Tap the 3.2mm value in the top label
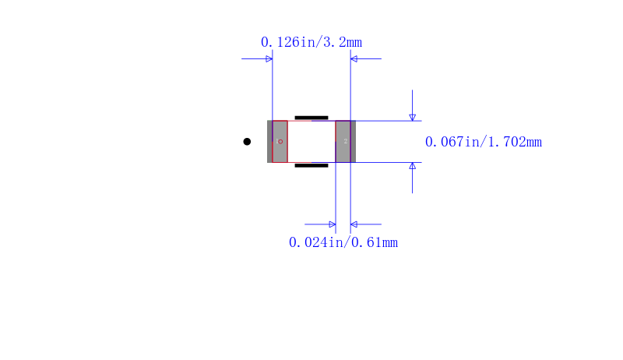coord(341,42)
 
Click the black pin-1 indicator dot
coord(247,142)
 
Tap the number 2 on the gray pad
coord(346,142)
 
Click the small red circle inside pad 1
coord(280,142)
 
